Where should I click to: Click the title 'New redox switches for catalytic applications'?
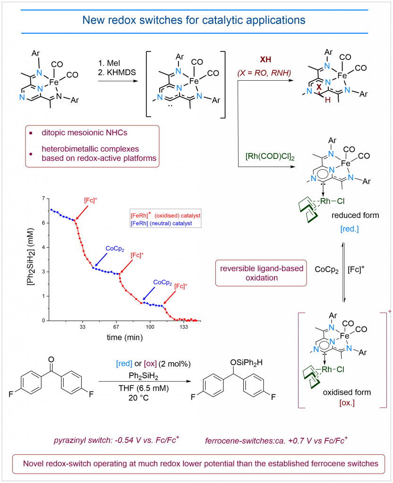(x=194, y=21)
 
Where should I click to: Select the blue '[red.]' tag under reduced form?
(x=350, y=228)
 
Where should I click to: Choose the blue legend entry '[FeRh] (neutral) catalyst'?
(x=161, y=223)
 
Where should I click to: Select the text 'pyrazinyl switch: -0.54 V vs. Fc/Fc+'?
(x=118, y=441)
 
